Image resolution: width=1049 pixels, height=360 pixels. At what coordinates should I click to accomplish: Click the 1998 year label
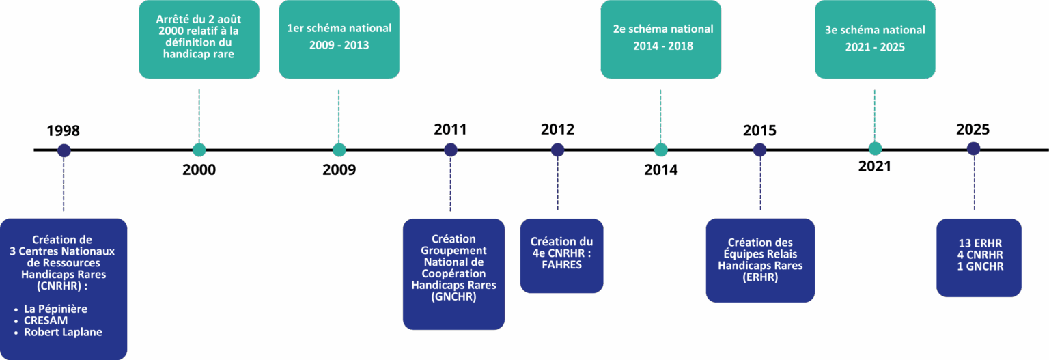pyautogui.click(x=63, y=130)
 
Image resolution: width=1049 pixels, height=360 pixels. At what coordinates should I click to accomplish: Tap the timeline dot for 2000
pyautogui.click(x=199, y=150)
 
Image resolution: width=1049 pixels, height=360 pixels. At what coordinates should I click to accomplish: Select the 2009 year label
pyautogui.click(x=339, y=170)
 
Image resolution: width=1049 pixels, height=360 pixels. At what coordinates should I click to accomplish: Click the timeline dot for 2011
pyautogui.click(x=450, y=150)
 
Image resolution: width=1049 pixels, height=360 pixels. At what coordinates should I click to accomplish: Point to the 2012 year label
pyautogui.click(x=557, y=129)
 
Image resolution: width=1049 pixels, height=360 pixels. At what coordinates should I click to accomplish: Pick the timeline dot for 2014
pyautogui.click(x=660, y=150)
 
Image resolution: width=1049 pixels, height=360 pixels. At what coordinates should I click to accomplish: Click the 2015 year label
pyautogui.click(x=759, y=130)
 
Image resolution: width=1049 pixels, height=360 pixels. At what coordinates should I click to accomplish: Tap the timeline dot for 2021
pyautogui.click(x=875, y=149)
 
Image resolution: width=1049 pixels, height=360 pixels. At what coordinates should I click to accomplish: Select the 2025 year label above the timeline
pyautogui.click(x=973, y=130)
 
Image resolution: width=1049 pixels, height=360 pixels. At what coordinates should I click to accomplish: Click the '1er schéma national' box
pyautogui.click(x=339, y=38)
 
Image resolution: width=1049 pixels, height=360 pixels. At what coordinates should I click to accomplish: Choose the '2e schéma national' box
pyautogui.click(x=660, y=38)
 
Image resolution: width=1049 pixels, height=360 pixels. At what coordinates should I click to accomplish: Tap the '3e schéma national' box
pyautogui.click(x=875, y=38)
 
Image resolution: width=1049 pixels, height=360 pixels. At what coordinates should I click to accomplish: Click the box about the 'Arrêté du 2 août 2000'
pyautogui.click(x=199, y=38)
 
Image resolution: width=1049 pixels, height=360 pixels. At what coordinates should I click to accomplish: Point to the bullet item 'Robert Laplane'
pyautogui.click(x=63, y=333)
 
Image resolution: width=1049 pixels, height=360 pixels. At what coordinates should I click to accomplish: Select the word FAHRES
pyautogui.click(x=561, y=264)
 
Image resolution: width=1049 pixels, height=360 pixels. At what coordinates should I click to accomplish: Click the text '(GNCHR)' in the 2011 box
pyautogui.click(x=453, y=297)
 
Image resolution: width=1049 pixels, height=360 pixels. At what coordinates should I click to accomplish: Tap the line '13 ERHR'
pyautogui.click(x=980, y=243)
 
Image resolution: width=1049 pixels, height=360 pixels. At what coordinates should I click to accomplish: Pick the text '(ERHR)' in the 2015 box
pyautogui.click(x=759, y=277)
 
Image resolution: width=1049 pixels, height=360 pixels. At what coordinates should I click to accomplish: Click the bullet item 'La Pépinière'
pyautogui.click(x=55, y=309)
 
